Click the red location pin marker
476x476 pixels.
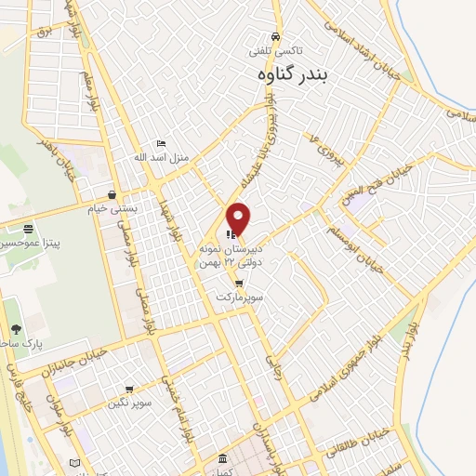pos(239,218)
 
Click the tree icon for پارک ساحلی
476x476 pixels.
pos(16,328)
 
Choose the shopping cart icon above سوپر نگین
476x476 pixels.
pos(128,390)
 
